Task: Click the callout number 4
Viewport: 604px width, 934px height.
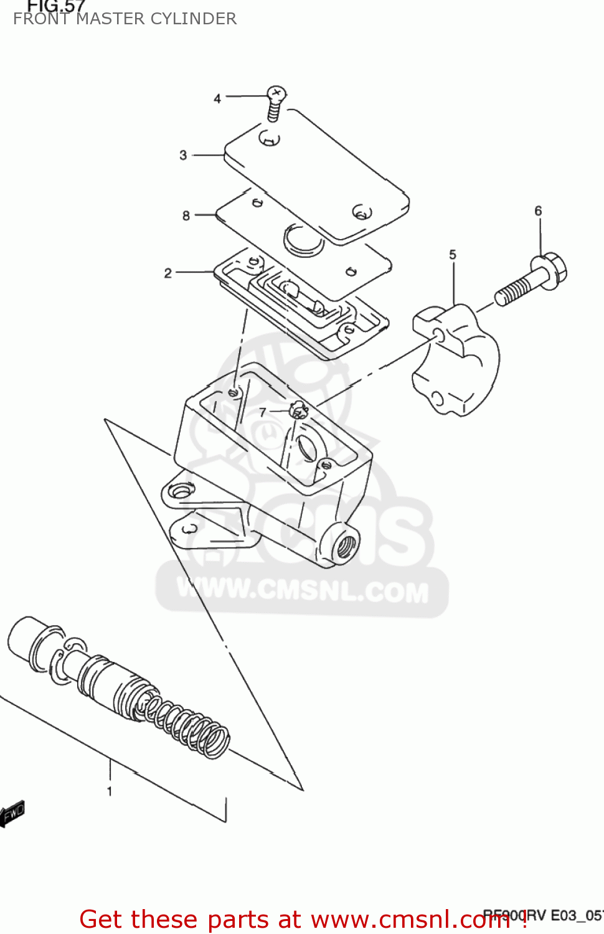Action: (217, 98)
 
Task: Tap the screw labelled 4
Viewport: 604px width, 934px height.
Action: (275, 102)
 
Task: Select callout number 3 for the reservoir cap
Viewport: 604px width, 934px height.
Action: (183, 155)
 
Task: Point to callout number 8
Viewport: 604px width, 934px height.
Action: (186, 215)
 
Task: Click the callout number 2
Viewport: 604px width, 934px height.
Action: (168, 273)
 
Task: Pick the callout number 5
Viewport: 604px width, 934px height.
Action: (453, 255)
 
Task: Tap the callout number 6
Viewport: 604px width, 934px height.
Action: (539, 211)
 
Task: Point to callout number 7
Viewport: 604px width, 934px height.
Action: (263, 412)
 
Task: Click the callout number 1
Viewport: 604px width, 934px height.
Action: (110, 791)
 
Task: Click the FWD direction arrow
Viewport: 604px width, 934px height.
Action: (12, 813)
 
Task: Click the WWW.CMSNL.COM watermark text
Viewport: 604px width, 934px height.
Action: (303, 590)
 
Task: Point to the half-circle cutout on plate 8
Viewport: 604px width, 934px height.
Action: (303, 240)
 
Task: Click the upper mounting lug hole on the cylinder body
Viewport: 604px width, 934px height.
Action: (181, 491)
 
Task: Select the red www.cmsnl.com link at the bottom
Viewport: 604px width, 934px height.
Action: (410, 919)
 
